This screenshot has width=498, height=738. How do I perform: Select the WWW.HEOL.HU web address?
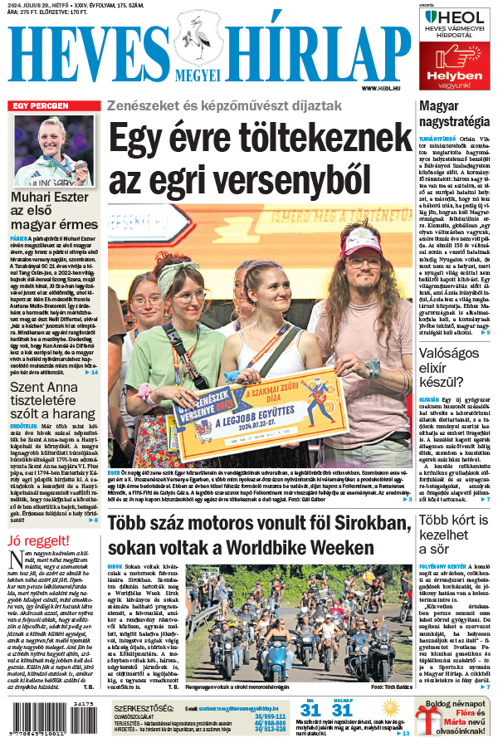pos(381,88)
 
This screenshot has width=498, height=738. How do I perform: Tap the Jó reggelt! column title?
pos(37,541)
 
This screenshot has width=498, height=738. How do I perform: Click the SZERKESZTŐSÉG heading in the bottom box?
pos(144,708)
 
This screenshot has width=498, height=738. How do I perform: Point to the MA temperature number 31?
pos(310,711)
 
